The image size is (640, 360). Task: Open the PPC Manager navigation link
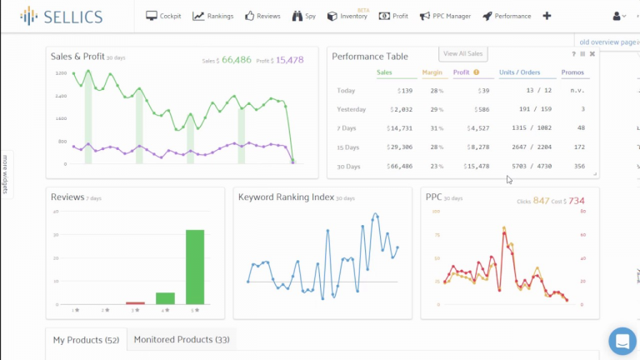pyautogui.click(x=446, y=16)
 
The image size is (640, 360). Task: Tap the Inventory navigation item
pyautogui.click(x=347, y=16)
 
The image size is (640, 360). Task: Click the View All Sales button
pyautogui.click(x=463, y=53)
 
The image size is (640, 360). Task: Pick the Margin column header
pyautogui.click(x=432, y=72)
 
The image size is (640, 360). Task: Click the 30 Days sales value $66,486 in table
pyautogui.click(x=399, y=166)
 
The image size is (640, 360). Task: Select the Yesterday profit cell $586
pyautogui.click(x=478, y=109)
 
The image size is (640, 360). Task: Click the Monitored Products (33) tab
pyautogui.click(x=182, y=340)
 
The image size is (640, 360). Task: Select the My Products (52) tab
pyautogui.click(x=86, y=340)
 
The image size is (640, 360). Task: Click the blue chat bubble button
pyautogui.click(x=622, y=341)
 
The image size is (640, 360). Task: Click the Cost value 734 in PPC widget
pyautogui.click(x=577, y=201)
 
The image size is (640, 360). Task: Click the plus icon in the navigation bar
pyautogui.click(x=547, y=16)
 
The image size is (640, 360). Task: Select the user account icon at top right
pyautogui.click(x=618, y=16)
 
